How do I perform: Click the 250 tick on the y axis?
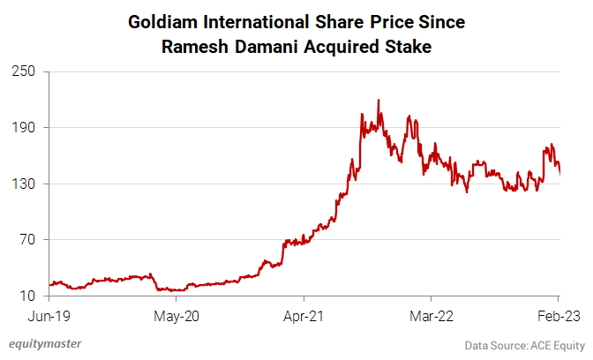pyautogui.click(x=23, y=71)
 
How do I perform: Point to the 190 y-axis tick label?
pyautogui.click(x=23, y=127)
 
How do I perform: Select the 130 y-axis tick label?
pyautogui.click(x=23, y=184)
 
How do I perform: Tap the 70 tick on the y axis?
pyautogui.click(x=26, y=240)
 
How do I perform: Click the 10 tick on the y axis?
pyautogui.click(x=26, y=296)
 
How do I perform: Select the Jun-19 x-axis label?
pyautogui.click(x=50, y=315)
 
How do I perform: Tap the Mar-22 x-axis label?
pyautogui.click(x=431, y=315)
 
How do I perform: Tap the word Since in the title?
pyautogui.click(x=439, y=20)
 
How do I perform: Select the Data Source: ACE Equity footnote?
pyautogui.click(x=524, y=345)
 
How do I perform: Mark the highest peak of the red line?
pyautogui.click(x=379, y=100)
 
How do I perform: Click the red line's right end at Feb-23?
pyautogui.click(x=559, y=173)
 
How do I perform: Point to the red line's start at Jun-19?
pyautogui.click(x=51, y=284)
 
